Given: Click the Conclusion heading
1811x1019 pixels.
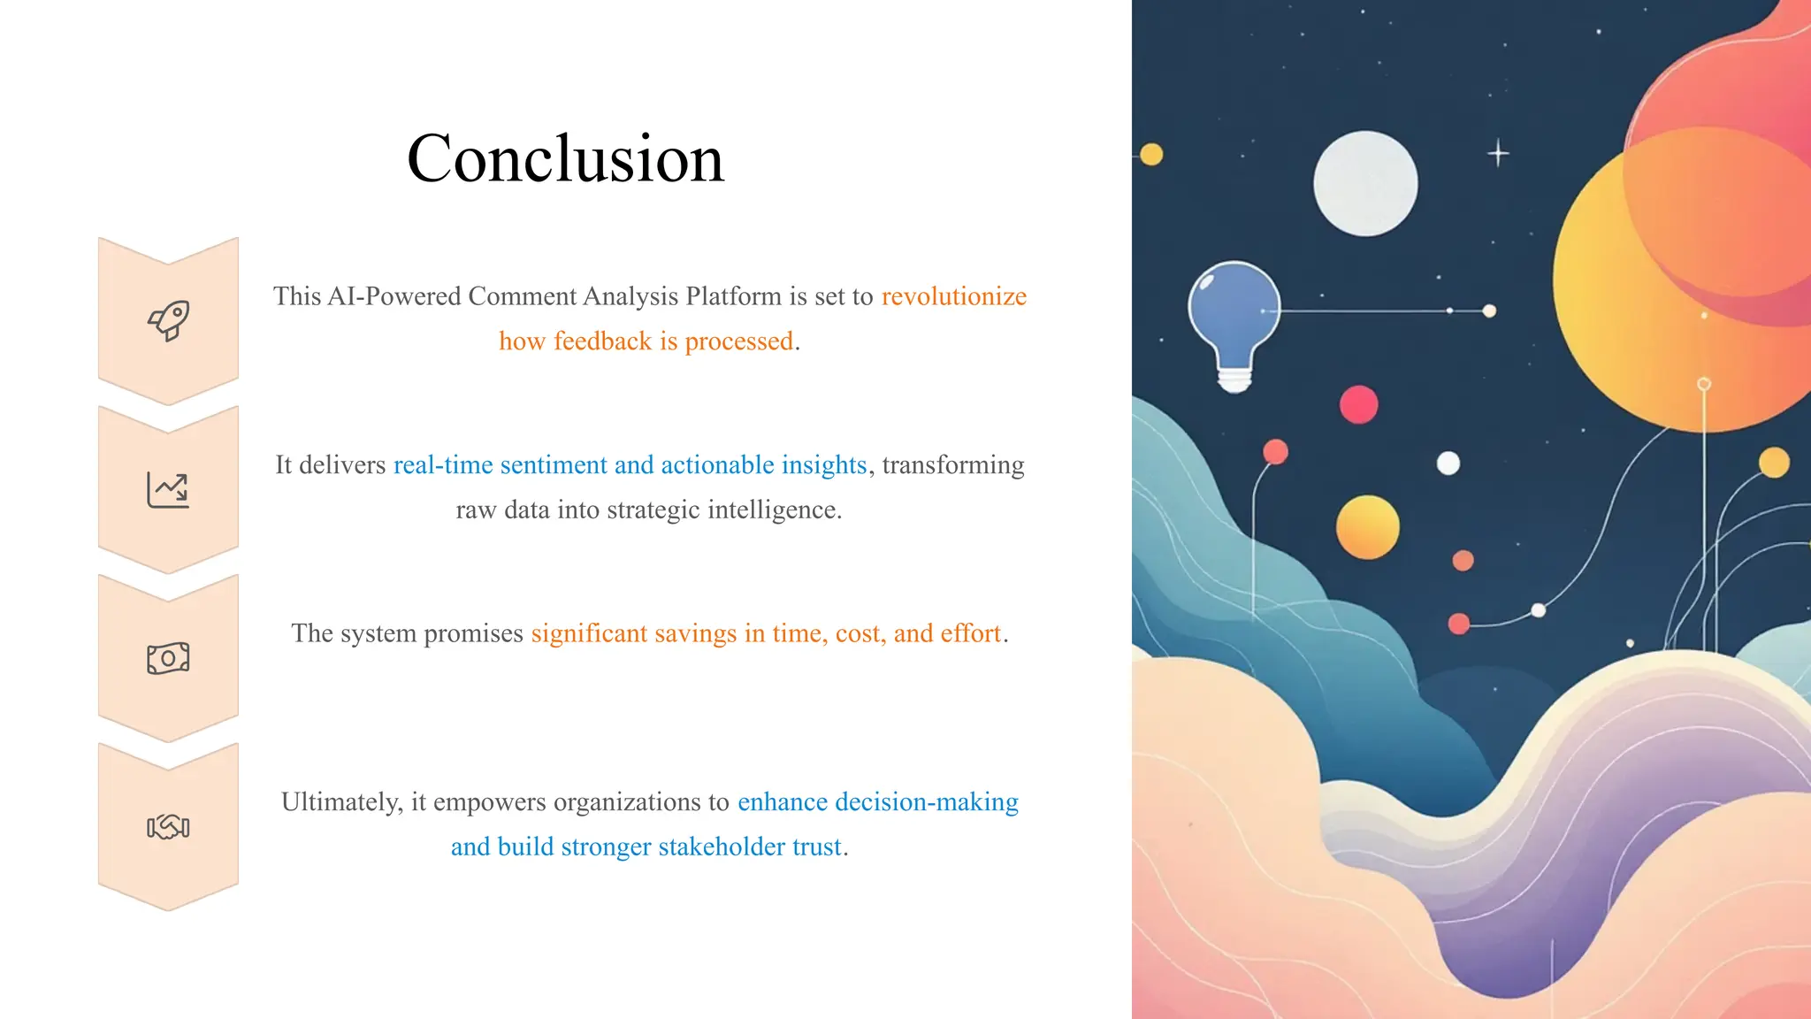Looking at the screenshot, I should pyautogui.click(x=565, y=159).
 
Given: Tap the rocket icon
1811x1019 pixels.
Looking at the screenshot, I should pyautogui.click(x=168, y=320).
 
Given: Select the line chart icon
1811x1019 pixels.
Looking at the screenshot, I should pyautogui.click(x=168, y=489).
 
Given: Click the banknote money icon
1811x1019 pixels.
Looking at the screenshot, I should pyautogui.click(x=168, y=658).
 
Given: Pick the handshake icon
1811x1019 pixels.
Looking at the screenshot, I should pyautogui.click(x=168, y=827).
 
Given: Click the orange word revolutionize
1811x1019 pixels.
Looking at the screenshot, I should pyautogui.click(x=953, y=296).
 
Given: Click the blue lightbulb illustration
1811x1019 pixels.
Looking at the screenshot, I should pyautogui.click(x=1234, y=310).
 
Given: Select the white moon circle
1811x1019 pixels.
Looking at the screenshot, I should pyautogui.click(x=1365, y=184).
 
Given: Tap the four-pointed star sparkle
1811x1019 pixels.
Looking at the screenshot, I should pyautogui.click(x=1498, y=153).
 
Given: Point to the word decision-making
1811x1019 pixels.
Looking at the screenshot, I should pyautogui.click(x=926, y=802).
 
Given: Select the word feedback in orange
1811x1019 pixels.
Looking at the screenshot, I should pyautogui.click(x=602, y=341).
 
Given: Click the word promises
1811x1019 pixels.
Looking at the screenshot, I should pyautogui.click(x=473, y=633).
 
